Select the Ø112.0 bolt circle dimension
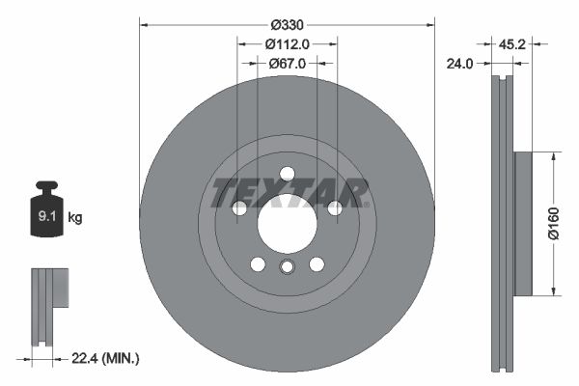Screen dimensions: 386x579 pos(287,43)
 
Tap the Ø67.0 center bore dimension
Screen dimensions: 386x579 pos(287,63)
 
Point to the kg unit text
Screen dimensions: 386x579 pos(75,218)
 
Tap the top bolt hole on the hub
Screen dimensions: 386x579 pos(287,174)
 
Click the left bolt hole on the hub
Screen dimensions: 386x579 pos(239,208)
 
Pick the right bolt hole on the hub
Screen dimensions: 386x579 pos(334,208)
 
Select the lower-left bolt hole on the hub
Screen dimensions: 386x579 pos(258,263)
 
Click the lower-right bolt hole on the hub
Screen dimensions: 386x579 pos(316,263)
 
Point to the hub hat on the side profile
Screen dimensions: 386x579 pos(523,223)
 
